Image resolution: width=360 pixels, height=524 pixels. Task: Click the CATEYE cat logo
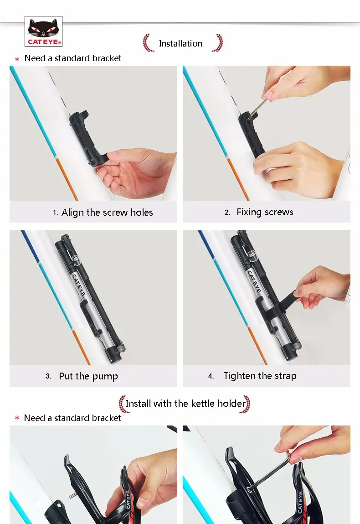pos(43,31)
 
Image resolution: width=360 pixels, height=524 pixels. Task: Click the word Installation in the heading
pos(180,43)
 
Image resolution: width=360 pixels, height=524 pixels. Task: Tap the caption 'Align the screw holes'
pos(107,213)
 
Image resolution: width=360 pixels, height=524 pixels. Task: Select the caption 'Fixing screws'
pos(265,212)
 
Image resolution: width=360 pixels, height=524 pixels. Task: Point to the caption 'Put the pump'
pos(88,376)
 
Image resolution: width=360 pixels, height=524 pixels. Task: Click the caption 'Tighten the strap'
pos(260,376)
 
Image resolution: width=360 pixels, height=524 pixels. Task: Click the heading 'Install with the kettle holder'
pos(185,403)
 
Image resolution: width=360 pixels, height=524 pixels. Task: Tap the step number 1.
pos(56,213)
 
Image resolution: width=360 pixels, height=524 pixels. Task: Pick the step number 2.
pos(227,213)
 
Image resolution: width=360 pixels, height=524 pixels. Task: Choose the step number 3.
pos(48,376)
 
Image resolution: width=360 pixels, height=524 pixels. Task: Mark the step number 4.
pos(211,376)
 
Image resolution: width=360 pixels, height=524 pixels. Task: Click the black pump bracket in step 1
pos(87,139)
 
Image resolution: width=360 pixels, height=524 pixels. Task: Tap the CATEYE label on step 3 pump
pos(79,285)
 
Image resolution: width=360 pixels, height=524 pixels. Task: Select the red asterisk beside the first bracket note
pos(17,59)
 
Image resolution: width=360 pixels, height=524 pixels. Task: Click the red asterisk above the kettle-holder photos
pos(17,418)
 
